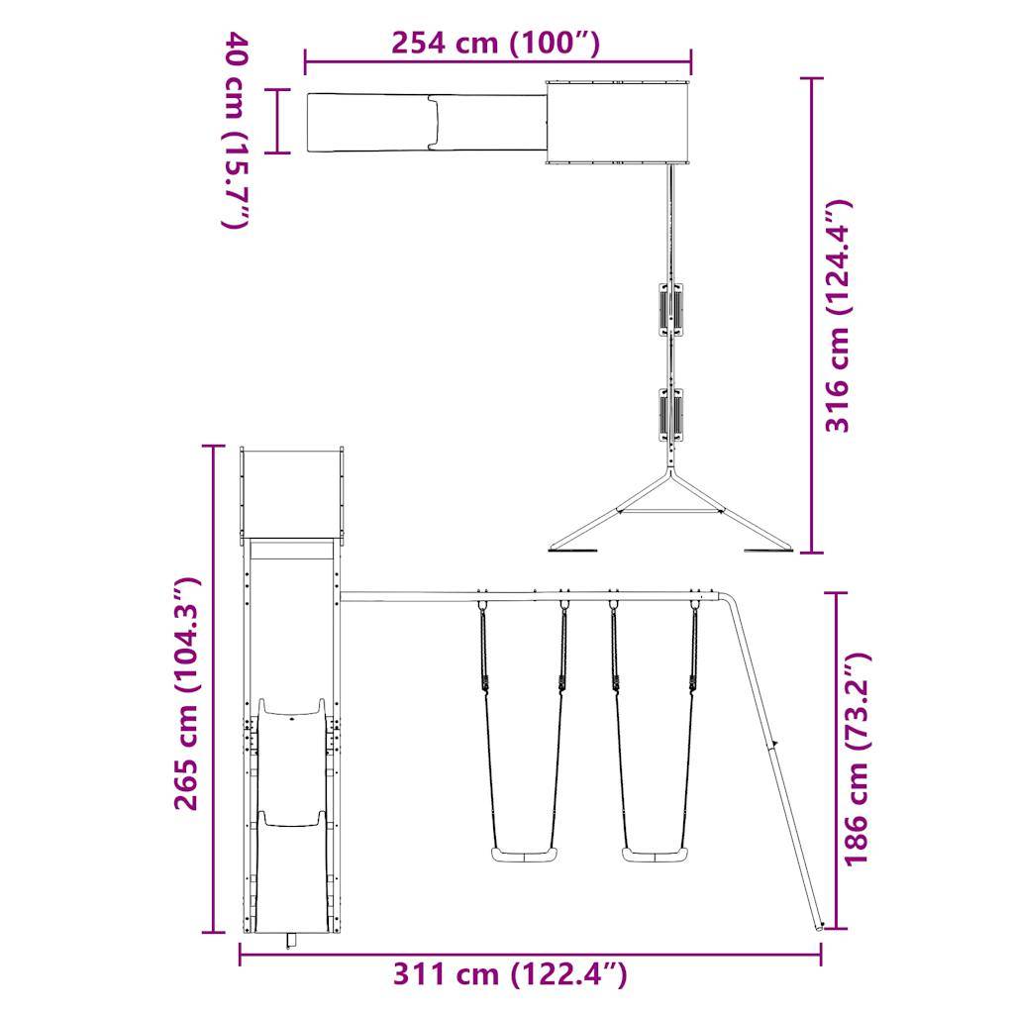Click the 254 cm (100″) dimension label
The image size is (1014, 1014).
[496, 43]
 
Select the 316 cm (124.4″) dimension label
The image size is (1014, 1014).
[839, 316]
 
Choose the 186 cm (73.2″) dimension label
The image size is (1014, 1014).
[857, 759]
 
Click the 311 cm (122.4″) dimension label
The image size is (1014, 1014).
[510, 973]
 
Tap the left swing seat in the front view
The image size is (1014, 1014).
[524, 855]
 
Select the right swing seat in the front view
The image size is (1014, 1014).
[654, 855]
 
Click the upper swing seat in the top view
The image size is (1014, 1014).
[671, 309]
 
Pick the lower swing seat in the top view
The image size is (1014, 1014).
[671, 415]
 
